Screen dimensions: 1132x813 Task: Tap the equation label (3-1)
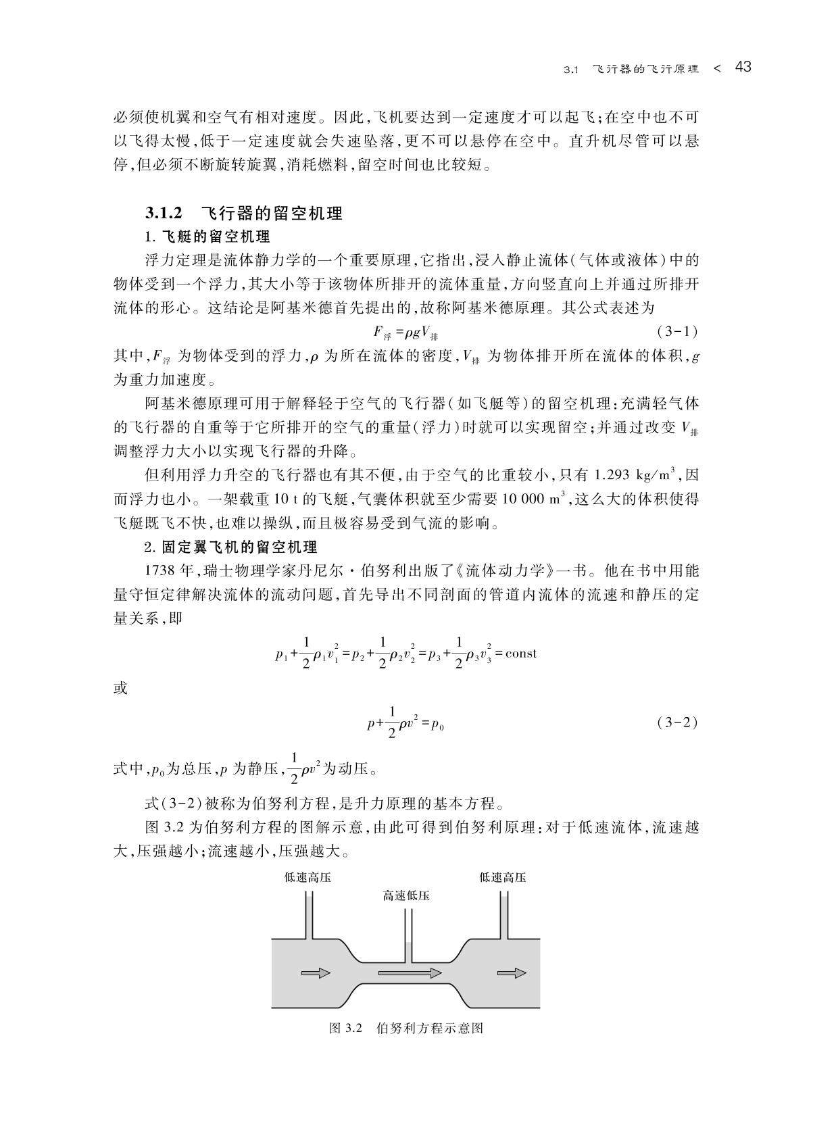676,332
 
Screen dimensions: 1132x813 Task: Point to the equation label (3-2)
676,722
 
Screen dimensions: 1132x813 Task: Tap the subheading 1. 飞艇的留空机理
207,237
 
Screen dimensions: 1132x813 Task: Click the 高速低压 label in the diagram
406,896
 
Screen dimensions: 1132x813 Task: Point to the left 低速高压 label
308,878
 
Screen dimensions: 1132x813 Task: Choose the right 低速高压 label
503,878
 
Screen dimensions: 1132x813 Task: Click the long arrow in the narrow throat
410,973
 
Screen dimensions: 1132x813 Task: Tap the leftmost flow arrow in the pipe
316,973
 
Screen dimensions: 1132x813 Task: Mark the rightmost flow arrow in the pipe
511,973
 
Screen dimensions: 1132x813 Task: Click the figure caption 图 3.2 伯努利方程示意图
406,1028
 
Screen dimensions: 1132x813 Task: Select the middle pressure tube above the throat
408,936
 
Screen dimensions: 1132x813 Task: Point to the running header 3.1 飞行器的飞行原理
632,69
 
